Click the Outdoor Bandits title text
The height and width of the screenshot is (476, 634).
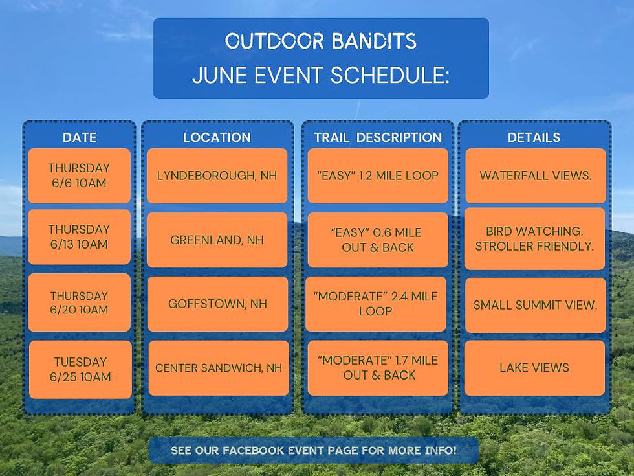click(321, 41)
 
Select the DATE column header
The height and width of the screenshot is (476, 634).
click(80, 137)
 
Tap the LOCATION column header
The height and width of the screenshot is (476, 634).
click(217, 137)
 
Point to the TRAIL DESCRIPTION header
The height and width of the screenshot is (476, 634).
click(378, 137)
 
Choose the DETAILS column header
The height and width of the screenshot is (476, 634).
click(534, 137)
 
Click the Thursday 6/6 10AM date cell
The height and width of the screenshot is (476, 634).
click(79, 176)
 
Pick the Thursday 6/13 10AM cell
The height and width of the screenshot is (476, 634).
click(79, 237)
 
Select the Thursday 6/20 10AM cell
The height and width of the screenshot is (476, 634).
click(79, 302)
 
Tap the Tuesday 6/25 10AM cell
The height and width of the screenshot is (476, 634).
click(80, 369)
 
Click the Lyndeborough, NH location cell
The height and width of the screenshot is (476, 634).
click(217, 176)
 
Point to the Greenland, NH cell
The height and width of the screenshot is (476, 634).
click(217, 240)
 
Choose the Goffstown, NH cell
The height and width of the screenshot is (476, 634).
click(217, 304)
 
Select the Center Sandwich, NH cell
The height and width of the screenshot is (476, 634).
click(219, 368)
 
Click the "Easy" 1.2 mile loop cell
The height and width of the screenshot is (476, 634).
click(378, 176)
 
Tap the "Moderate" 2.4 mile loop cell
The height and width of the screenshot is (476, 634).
click(376, 304)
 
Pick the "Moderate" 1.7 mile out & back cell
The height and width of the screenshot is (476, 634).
click(378, 368)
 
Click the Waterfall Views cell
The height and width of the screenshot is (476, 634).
click(536, 176)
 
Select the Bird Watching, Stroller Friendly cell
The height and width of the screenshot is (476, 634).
click(534, 239)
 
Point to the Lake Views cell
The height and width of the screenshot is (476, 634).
click(534, 368)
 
